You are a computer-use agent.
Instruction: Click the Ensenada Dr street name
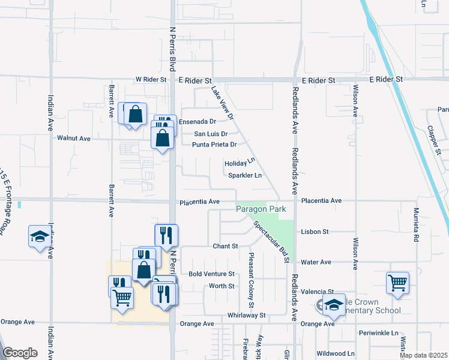197,121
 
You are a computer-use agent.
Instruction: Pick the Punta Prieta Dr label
214,145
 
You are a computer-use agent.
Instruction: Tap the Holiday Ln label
240,163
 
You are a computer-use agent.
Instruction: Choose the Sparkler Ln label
245,176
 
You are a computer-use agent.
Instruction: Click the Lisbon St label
315,232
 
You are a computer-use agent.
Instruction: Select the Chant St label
226,247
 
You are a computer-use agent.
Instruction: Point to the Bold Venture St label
211,274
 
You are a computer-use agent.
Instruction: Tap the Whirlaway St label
246,315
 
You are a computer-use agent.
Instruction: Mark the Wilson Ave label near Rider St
355,101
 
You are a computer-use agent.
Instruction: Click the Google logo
20,353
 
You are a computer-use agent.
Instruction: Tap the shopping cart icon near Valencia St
398,282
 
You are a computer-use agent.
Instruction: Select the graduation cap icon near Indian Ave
39,236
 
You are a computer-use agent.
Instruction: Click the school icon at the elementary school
334,304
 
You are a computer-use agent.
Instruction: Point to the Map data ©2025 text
423,355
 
